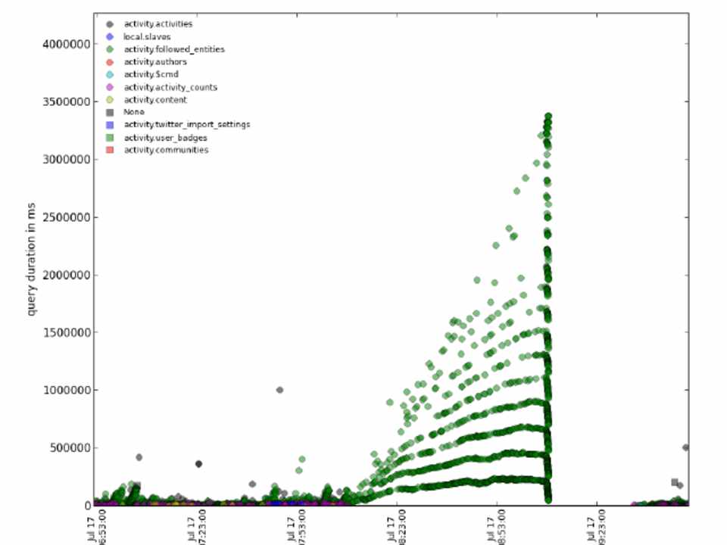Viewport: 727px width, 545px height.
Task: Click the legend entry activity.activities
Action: pyautogui.click(x=158, y=24)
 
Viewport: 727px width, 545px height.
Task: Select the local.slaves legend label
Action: pyautogui.click(x=147, y=37)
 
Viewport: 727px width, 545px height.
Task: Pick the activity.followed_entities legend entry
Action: pyautogui.click(x=173, y=49)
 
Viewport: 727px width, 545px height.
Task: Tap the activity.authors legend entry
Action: pyautogui.click(x=155, y=62)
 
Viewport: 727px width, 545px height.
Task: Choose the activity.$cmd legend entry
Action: pyautogui.click(x=151, y=74)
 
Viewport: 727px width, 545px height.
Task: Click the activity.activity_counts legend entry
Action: pyautogui.click(x=170, y=87)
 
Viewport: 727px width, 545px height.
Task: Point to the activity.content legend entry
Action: pyautogui.click(x=155, y=100)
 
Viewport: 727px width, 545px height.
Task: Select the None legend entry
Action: pyautogui.click(x=134, y=112)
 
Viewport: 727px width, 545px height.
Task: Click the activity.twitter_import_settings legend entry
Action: pyautogui.click(x=186, y=124)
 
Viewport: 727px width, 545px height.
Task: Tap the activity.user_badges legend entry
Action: pyautogui.click(x=165, y=138)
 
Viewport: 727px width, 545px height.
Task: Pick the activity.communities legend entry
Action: pyautogui.click(x=166, y=150)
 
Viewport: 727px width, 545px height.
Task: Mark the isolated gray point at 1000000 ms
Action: pyautogui.click(x=279, y=390)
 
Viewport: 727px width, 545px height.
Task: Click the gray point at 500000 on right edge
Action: pyautogui.click(x=685, y=447)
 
